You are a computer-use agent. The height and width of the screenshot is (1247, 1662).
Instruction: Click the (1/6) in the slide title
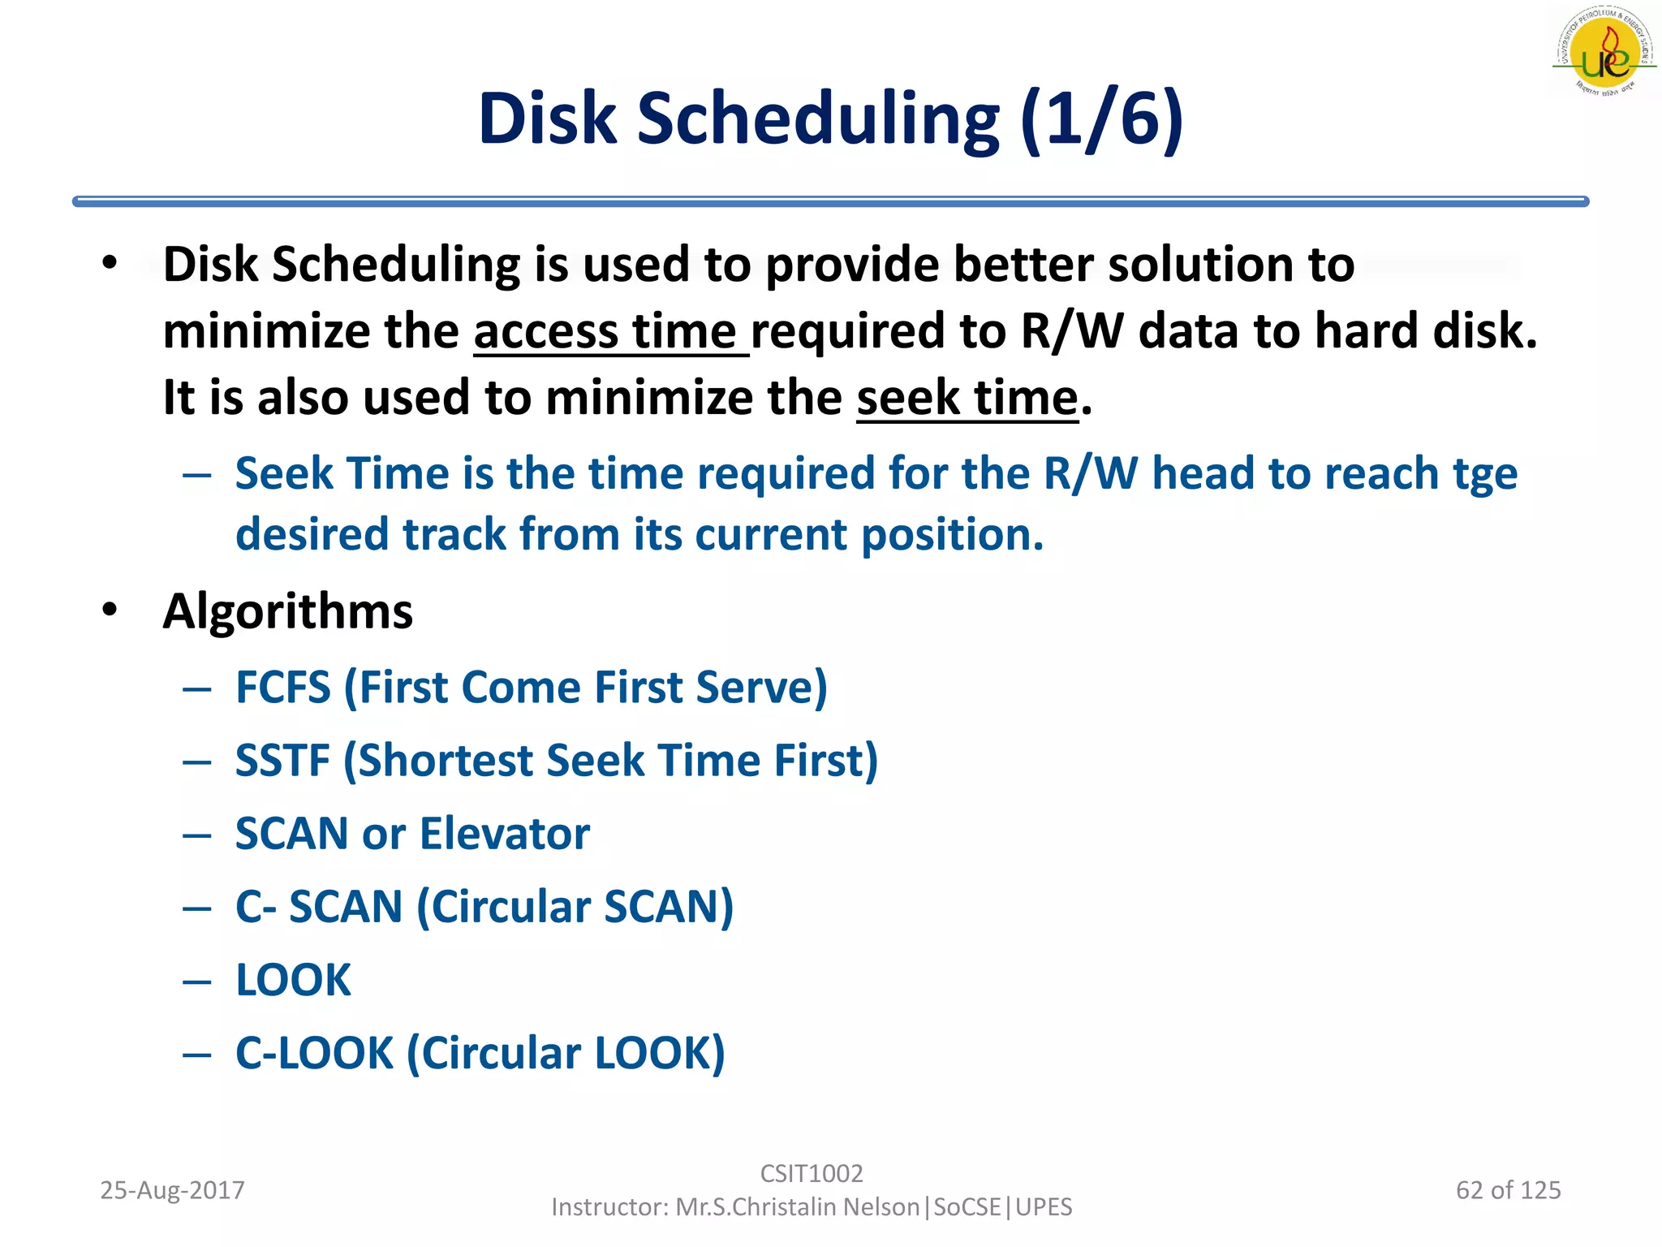pyautogui.click(x=1101, y=119)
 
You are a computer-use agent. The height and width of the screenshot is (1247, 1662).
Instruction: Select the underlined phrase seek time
pyautogui.click(x=967, y=399)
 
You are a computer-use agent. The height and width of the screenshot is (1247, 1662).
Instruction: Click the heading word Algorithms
pyautogui.click(x=288, y=611)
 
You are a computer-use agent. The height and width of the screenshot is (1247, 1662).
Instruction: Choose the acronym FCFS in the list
pyautogui.click(x=283, y=688)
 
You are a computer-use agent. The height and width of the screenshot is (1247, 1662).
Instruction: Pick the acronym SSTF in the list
pyautogui.click(x=282, y=761)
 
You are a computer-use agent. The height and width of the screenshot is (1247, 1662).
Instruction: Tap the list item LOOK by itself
pyautogui.click(x=293, y=980)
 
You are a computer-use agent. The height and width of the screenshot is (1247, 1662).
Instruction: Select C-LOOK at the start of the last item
pyautogui.click(x=314, y=1053)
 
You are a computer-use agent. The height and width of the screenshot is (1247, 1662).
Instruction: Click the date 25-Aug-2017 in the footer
pyautogui.click(x=172, y=1190)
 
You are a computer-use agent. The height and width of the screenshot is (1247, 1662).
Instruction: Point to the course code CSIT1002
pyautogui.click(x=811, y=1173)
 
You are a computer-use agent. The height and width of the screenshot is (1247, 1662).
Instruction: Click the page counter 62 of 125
pyautogui.click(x=1508, y=1190)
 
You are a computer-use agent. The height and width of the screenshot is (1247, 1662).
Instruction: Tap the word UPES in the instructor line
pyautogui.click(x=1044, y=1207)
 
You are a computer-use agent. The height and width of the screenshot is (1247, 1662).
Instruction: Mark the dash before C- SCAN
pyautogui.click(x=197, y=908)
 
